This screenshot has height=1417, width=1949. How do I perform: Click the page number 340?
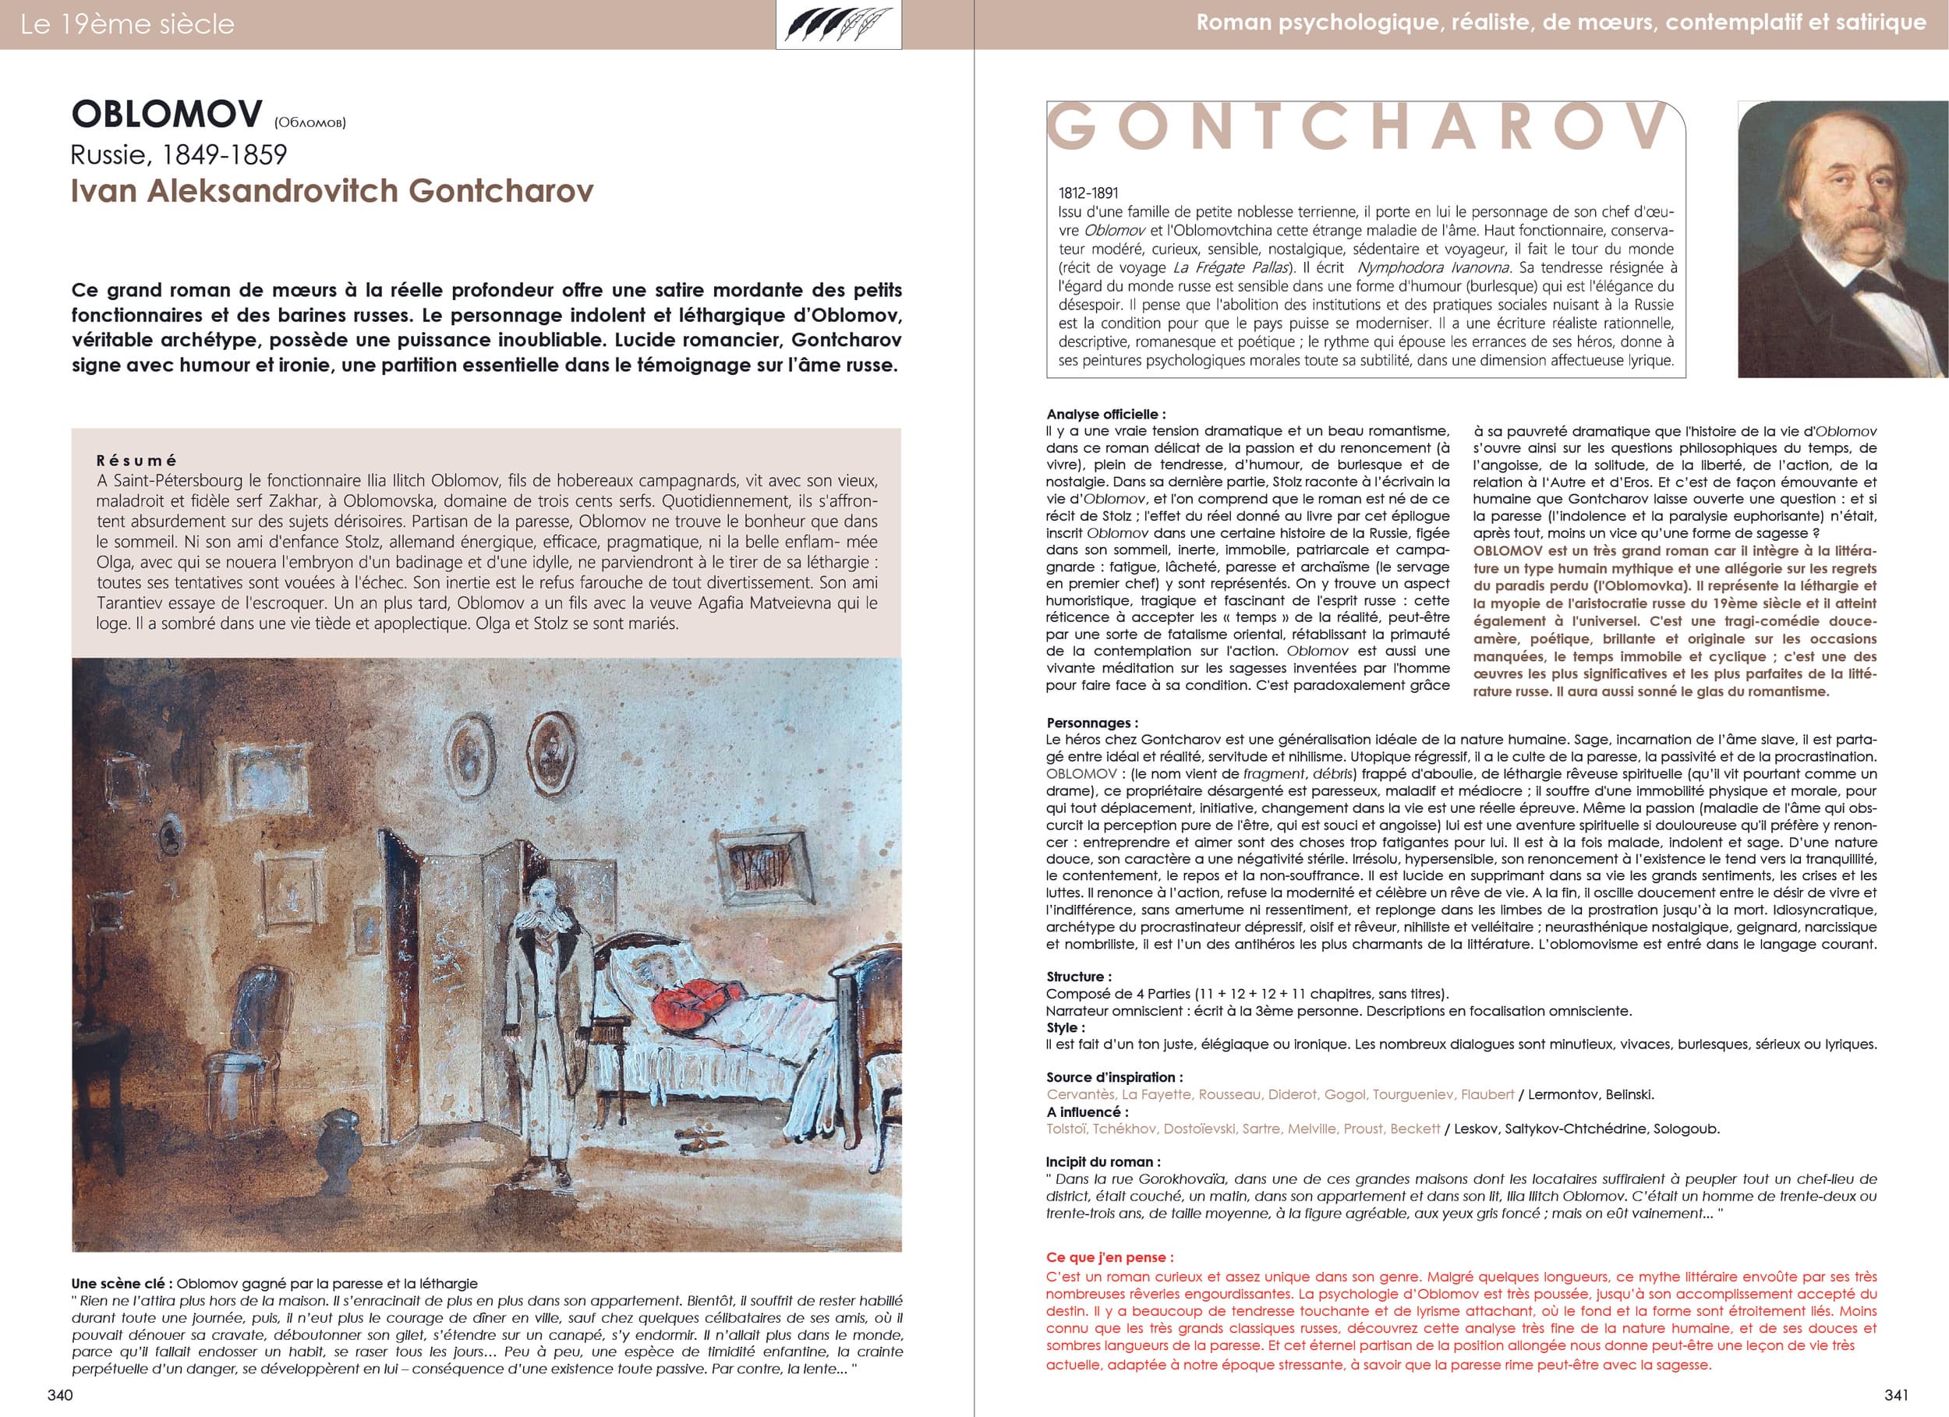pos(60,1394)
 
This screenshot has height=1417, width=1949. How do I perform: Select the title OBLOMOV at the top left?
pos(167,115)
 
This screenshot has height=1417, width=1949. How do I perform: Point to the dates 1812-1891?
pos(1088,194)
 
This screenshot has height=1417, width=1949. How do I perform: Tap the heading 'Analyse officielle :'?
pos(1106,414)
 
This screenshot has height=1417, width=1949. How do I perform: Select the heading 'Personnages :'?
pos(1091,723)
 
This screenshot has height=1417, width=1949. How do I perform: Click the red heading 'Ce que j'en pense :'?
pos(1109,1257)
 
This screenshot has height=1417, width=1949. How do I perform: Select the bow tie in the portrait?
pos(1872,283)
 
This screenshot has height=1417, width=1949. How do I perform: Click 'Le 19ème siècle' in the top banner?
pos(127,24)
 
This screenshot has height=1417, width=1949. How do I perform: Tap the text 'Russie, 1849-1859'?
pos(179,154)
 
